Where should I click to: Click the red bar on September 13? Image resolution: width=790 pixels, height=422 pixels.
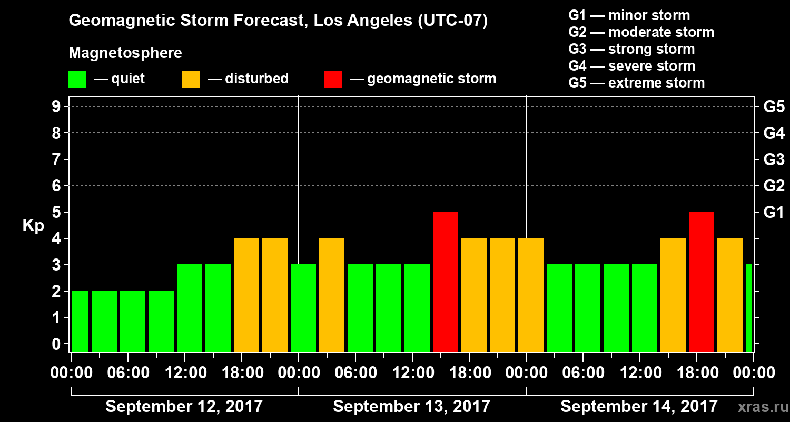446,282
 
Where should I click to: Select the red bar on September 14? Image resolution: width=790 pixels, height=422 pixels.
702,282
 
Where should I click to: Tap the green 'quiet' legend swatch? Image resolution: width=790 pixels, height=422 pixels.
77,79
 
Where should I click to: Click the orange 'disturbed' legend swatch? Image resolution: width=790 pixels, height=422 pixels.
191,79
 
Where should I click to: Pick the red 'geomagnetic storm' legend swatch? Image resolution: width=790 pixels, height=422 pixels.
333,79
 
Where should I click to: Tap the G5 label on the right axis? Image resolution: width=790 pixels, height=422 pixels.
774,107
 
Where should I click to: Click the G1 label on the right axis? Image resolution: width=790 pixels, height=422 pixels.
774,213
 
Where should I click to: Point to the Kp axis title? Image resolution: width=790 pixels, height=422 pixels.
33,226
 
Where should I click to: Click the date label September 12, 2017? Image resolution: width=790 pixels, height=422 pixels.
184,407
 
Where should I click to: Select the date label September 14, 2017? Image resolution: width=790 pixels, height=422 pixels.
639,407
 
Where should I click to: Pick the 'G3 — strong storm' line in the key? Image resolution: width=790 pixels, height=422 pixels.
631,49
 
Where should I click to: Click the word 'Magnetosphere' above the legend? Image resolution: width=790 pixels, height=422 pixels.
125,53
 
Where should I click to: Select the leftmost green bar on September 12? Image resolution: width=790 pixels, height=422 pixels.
80,322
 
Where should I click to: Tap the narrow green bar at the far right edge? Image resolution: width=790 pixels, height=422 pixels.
749,309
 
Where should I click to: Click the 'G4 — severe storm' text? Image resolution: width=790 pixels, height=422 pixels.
632,66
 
